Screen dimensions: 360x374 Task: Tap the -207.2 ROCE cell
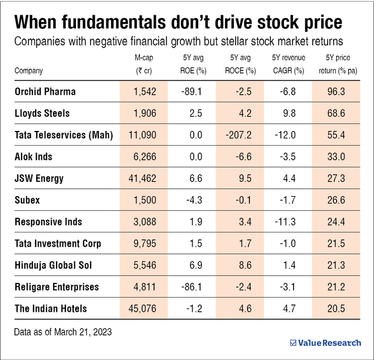point(239,135)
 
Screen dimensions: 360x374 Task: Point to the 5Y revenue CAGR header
point(288,64)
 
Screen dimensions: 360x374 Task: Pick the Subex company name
point(28,200)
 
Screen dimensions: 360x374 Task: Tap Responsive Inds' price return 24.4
point(339,222)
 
